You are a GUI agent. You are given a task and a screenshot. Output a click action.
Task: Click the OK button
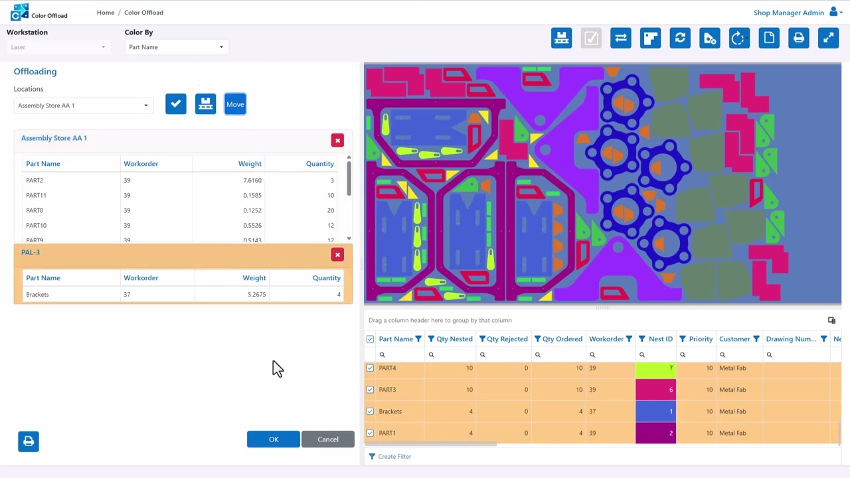tap(273, 439)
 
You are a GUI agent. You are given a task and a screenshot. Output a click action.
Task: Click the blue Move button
tap(235, 104)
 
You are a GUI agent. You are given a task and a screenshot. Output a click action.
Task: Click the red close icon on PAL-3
tap(337, 255)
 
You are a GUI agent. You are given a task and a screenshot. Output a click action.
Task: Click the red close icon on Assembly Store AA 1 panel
tap(337, 141)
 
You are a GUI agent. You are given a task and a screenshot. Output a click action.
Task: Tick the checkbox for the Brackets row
tap(371, 412)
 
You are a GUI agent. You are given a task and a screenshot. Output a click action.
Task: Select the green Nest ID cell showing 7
tap(655, 368)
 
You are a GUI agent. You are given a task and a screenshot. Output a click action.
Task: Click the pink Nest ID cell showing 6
tap(655, 390)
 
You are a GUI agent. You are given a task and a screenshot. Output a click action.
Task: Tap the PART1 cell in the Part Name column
tap(387, 433)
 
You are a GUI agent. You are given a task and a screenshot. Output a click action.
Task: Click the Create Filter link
tap(394, 457)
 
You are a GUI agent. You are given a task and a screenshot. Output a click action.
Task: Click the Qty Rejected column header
tap(507, 339)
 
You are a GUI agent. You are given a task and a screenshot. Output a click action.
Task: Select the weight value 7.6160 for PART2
tap(252, 181)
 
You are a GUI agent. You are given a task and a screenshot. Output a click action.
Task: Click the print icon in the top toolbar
tap(798, 39)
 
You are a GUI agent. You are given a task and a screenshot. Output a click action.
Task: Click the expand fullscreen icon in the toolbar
tap(828, 39)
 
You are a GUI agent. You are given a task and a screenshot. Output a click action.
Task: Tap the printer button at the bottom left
tap(29, 441)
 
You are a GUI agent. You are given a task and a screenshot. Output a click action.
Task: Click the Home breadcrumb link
tap(106, 13)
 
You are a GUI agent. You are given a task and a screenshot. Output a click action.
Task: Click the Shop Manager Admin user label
tap(788, 13)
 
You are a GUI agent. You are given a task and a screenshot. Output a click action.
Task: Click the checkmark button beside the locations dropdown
tap(176, 104)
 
